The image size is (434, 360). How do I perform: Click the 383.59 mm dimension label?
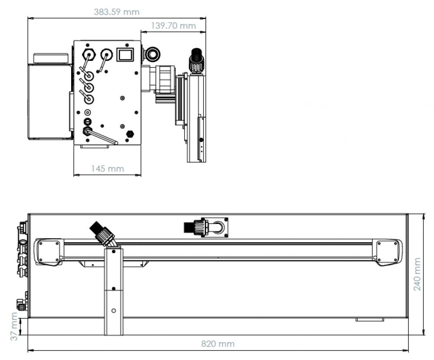[x=116, y=12]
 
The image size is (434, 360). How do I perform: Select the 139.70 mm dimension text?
[x=173, y=26]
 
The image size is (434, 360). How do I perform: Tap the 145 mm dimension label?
[x=107, y=168]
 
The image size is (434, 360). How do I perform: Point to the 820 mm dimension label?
[x=218, y=344]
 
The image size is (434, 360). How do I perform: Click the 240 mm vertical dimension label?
[x=417, y=274]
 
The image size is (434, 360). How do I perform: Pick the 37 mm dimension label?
[x=14, y=327]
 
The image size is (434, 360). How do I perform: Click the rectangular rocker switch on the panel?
[x=125, y=55]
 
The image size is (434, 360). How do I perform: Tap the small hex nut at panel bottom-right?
[x=130, y=134]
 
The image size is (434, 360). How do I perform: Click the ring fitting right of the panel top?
[x=151, y=54]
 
